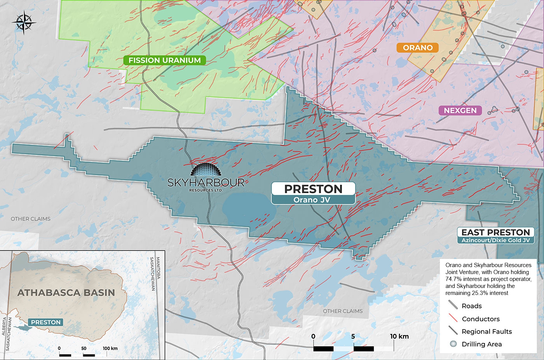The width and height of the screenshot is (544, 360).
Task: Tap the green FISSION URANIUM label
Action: tap(164, 60)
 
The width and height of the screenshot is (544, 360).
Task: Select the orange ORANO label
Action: tap(417, 48)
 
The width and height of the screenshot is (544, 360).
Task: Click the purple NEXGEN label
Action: tap(460, 111)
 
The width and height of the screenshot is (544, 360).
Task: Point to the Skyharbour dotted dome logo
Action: tap(206, 170)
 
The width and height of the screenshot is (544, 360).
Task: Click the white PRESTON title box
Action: tap(313, 189)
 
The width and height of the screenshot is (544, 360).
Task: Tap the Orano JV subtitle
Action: tap(313, 200)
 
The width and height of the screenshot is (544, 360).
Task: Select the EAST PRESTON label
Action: tap(495, 232)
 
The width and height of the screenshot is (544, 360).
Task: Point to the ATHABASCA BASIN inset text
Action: tap(66, 292)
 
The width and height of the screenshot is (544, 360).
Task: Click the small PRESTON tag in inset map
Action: tap(46, 322)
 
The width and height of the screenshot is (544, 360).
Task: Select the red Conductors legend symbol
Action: tap(453, 318)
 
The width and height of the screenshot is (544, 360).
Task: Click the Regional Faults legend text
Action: tap(486, 332)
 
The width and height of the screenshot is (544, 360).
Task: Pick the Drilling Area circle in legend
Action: tap(453, 344)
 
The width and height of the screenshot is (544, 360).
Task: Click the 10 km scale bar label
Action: tap(399, 336)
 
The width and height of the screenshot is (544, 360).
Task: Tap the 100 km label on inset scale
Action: tap(110, 348)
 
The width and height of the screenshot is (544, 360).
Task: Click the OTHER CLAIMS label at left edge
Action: tap(30, 219)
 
